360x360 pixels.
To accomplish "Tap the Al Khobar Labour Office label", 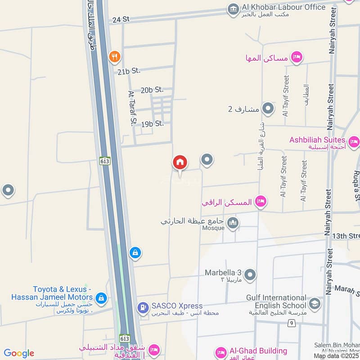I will (x=283, y=7).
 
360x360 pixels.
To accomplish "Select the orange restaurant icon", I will (x=115, y=57).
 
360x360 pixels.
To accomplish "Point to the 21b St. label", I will (x=129, y=71).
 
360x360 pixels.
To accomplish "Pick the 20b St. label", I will (x=152, y=90).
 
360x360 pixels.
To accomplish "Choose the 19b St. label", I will (x=152, y=124).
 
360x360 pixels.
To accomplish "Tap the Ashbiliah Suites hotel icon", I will (x=354, y=143).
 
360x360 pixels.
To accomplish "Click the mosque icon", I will (x=233, y=223).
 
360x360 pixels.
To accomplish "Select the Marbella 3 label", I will (x=223, y=273).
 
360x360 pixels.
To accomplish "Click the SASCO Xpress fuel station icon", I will (x=143, y=308).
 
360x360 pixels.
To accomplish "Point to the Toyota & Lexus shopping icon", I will (x=101, y=297).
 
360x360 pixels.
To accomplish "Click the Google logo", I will (x=19, y=353).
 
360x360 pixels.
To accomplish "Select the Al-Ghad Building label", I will (x=257, y=351).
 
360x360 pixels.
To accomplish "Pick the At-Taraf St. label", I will (x=132, y=108).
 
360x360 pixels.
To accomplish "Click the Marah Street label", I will (x=347, y=289).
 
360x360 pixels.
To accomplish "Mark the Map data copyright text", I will (x=336, y=356).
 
